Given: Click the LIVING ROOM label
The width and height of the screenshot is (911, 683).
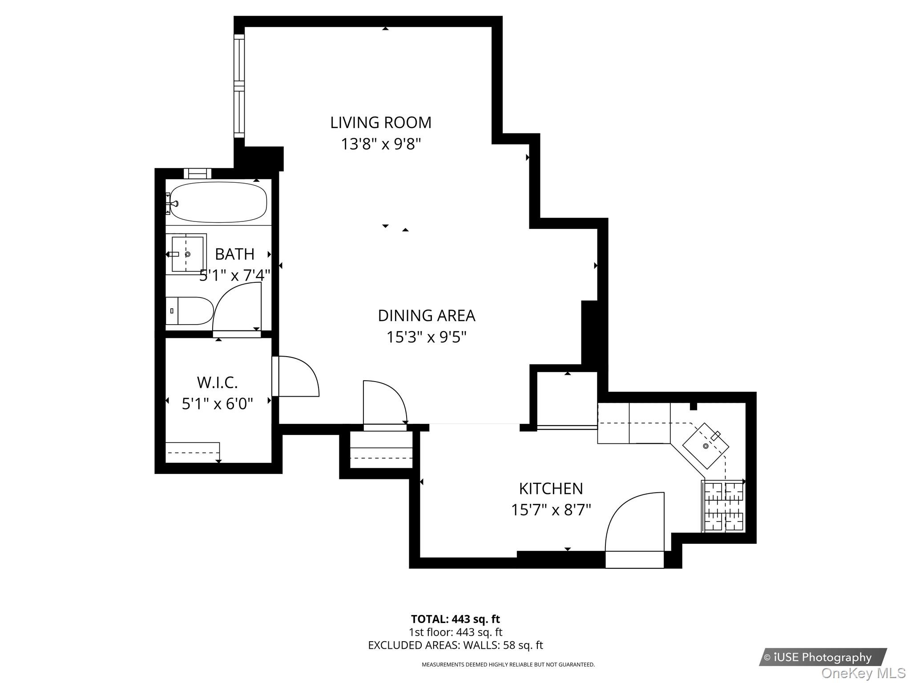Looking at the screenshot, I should click(381, 123).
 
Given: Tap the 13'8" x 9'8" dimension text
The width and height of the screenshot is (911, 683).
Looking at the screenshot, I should click(381, 144).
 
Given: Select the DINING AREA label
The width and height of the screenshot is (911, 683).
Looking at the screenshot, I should click(426, 316).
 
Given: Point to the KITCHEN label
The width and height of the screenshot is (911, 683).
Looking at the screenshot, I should click(551, 489).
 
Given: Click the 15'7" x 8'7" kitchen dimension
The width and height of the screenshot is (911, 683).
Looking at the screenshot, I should click(551, 510).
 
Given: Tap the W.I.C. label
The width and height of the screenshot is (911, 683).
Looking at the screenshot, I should click(217, 382).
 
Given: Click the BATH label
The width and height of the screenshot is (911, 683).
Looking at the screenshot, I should click(234, 254).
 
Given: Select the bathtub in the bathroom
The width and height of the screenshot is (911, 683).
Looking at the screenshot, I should click(218, 202).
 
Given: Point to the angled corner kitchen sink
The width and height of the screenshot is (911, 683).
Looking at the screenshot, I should click(705, 446).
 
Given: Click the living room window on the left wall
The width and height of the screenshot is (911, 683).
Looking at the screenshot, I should click(239, 86).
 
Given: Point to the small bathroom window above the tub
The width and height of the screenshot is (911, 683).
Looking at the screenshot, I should click(197, 173).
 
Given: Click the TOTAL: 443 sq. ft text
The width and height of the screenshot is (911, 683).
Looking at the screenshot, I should click(455, 619).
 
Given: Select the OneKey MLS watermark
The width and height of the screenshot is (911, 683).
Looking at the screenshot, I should click(863, 673).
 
